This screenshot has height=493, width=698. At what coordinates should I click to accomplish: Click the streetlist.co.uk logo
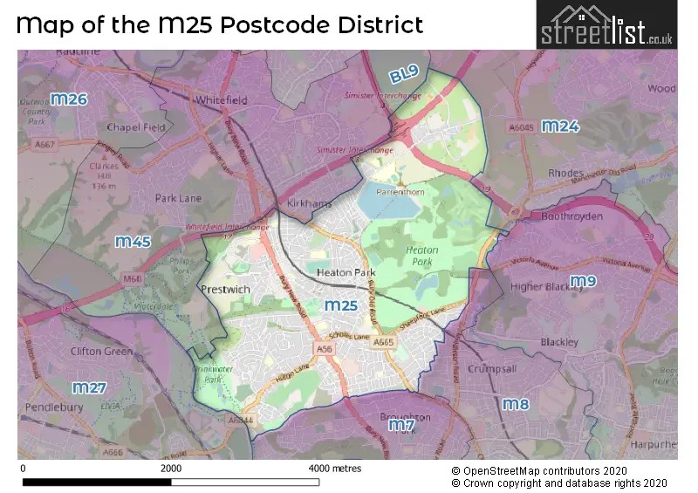606,25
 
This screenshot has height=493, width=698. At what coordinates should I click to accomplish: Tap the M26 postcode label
69,99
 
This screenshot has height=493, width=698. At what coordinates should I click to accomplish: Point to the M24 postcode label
560,127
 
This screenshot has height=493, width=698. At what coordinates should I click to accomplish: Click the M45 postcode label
133,241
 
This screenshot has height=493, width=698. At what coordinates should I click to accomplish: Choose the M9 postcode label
583,281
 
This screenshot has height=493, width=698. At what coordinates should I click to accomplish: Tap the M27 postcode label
89,387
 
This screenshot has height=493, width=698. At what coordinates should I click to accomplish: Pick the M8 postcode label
516,404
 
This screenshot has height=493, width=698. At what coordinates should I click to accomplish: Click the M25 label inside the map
340,305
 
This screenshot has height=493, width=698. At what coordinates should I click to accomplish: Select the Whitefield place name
222,100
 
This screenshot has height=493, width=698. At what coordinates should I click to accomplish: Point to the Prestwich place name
225,290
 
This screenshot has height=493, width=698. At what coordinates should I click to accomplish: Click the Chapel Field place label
135,127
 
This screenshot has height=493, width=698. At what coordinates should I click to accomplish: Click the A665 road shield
384,343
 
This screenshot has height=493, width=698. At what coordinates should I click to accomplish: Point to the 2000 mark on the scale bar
171,469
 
